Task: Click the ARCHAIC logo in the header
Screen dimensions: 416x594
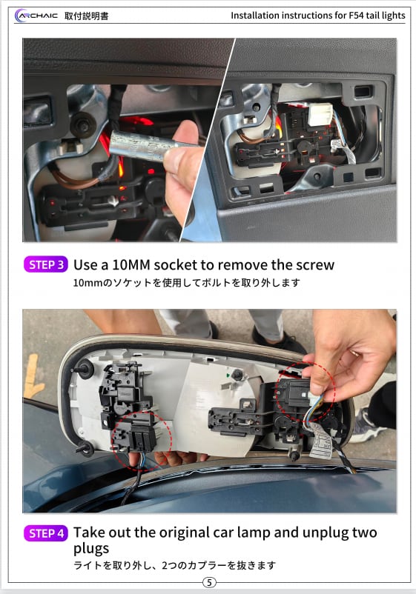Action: (x=36, y=16)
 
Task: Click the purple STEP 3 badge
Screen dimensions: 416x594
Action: (x=46, y=264)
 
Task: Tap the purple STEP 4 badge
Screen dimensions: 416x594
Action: (x=46, y=533)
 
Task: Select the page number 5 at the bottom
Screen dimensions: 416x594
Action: (x=209, y=582)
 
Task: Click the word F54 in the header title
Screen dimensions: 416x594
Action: (x=356, y=16)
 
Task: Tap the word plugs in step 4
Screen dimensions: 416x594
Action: (x=91, y=549)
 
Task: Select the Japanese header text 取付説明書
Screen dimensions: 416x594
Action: (x=87, y=16)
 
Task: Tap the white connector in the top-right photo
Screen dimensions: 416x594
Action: (x=320, y=114)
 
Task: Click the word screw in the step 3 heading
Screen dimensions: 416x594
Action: (x=314, y=265)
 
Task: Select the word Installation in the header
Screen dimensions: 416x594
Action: (x=255, y=16)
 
